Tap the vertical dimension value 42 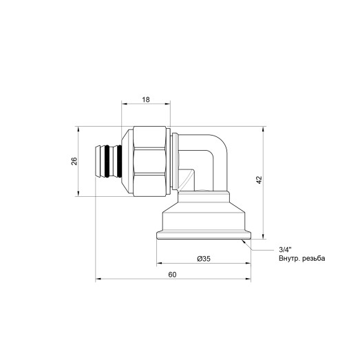[x=259, y=180]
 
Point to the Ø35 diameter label [x=204, y=258]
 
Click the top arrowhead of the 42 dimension [x=264, y=129]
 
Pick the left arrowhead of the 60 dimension [x=98, y=279]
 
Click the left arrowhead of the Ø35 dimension [x=159, y=263]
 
